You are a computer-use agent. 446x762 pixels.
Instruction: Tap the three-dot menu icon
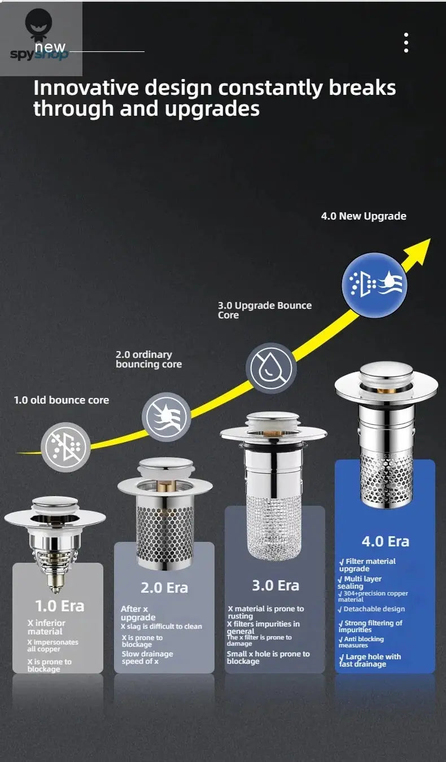406,43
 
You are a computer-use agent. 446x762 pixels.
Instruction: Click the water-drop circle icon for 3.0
273,368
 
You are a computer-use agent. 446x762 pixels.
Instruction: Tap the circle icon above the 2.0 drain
166,417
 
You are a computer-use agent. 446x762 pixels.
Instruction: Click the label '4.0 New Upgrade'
364,216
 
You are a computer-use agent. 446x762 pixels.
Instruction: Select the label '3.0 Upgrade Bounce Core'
264,310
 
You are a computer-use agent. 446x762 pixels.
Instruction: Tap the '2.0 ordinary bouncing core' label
148,359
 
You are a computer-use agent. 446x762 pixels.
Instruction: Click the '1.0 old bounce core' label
62,400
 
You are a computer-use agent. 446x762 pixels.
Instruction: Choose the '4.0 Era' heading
385,541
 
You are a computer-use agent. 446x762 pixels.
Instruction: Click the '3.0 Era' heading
275,585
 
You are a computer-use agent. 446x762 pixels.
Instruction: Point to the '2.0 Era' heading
164,588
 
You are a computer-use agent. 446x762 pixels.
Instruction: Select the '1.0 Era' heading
59,606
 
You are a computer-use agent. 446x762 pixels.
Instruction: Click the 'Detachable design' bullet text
374,609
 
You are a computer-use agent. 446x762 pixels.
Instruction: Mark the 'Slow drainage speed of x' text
147,658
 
